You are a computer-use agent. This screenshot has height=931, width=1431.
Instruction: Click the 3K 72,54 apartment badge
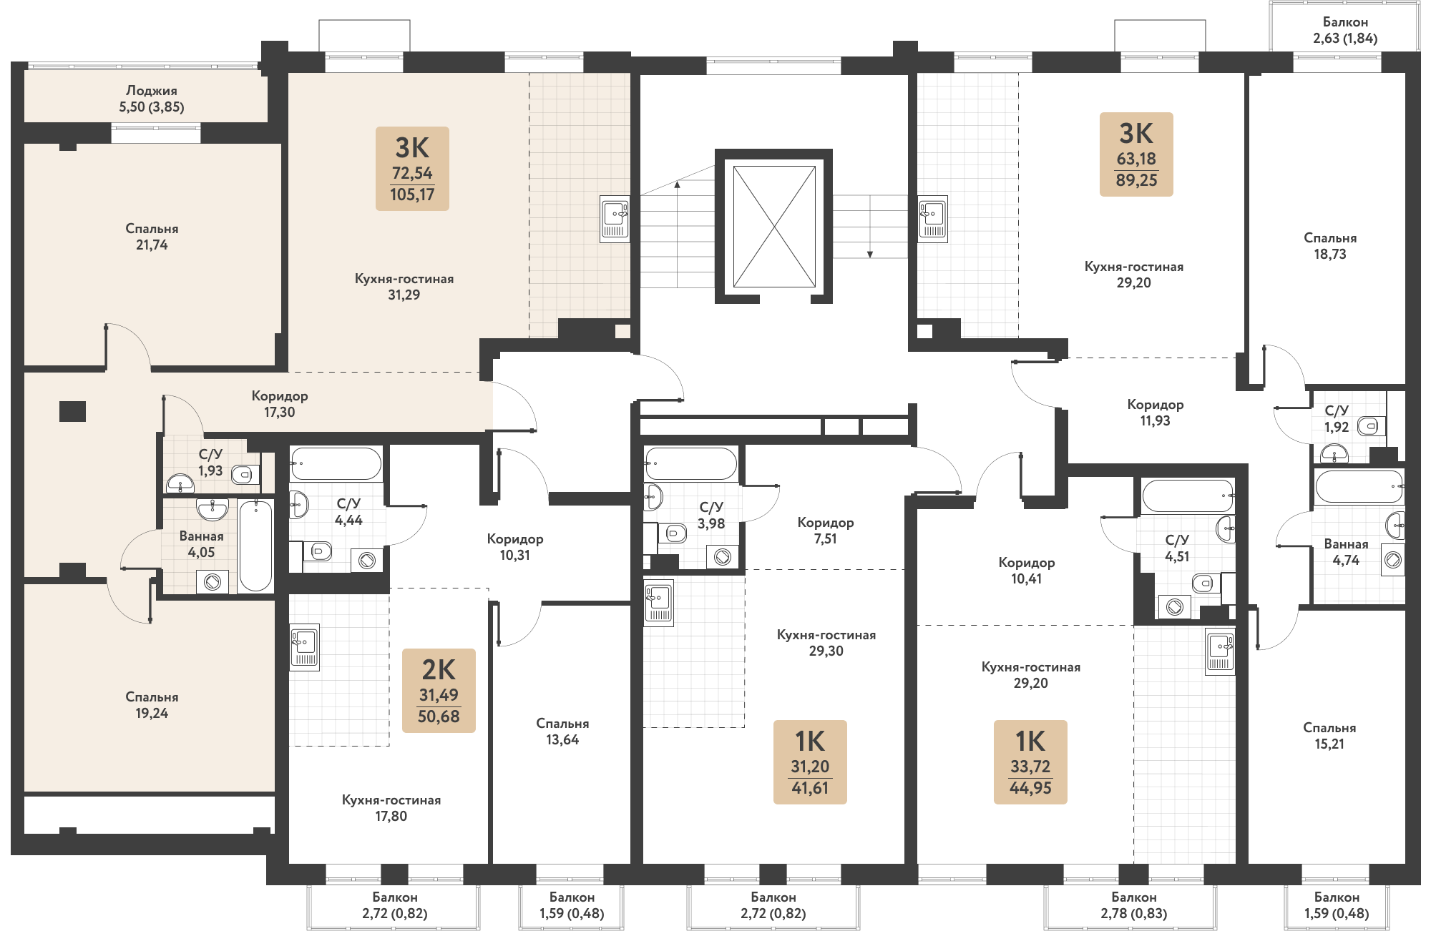point(412,169)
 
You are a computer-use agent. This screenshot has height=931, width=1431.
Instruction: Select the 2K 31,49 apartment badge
point(439,691)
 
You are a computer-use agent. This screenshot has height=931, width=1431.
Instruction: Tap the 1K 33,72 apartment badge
point(1030,762)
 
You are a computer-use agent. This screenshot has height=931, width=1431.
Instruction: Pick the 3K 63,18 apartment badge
point(1136,154)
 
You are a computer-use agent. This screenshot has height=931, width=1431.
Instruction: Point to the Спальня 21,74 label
point(152,237)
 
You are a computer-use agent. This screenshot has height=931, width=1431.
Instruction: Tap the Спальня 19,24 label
point(152,705)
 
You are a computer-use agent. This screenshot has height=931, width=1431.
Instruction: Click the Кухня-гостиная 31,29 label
point(404,287)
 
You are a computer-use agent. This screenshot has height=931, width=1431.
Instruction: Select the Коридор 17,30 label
point(279,404)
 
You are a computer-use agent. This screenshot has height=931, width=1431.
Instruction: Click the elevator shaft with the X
point(774,227)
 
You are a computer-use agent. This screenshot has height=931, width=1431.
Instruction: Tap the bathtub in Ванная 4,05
point(255,546)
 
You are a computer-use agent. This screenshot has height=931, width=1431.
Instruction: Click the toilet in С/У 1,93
point(245,474)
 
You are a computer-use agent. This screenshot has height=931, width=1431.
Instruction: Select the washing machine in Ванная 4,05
point(212,582)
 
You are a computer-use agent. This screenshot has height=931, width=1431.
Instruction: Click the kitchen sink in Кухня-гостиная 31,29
point(615,219)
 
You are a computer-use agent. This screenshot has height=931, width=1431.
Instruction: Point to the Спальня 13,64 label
point(562,731)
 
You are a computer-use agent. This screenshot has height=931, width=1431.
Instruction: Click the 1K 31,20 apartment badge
point(810,762)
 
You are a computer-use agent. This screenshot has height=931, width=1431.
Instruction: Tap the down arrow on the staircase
point(870,252)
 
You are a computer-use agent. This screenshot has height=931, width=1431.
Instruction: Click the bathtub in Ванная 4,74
point(1359,487)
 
